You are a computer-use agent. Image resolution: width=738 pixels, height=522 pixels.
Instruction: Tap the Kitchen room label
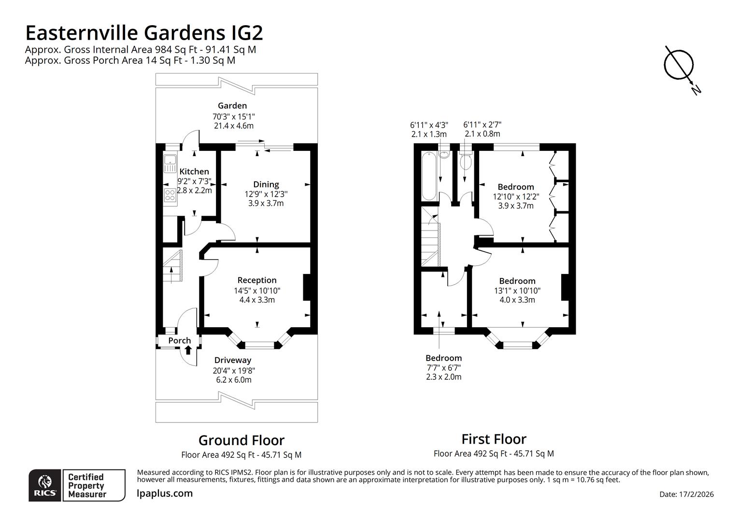pyautogui.click(x=194, y=172)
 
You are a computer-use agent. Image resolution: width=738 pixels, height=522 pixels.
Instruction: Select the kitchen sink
pyautogui.click(x=170, y=164)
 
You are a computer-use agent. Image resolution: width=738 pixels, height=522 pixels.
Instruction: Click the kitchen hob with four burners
pyautogui.click(x=170, y=195)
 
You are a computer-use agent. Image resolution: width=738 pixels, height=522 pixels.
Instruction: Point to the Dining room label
pyautogui.click(x=266, y=184)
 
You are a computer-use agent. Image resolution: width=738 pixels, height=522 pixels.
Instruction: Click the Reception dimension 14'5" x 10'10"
pyautogui.click(x=257, y=290)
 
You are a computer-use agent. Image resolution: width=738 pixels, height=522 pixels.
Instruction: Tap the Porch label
pyautogui.click(x=179, y=340)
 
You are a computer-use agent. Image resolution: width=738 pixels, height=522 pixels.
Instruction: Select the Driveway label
pyautogui.click(x=233, y=360)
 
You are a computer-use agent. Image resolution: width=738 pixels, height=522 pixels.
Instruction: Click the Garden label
pyautogui.click(x=232, y=105)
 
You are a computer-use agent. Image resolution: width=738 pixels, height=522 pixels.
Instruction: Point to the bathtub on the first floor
pyautogui.click(x=428, y=175)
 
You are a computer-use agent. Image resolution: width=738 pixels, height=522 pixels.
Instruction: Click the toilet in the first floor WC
pyautogui.click(x=466, y=161)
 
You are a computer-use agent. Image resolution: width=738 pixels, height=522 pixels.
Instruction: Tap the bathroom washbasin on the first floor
pyautogui.click(x=444, y=155)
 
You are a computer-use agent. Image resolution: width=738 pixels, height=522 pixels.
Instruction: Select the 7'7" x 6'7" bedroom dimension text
pyautogui.click(x=443, y=367)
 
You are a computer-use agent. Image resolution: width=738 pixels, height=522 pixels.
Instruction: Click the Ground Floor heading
pyautogui.click(x=241, y=440)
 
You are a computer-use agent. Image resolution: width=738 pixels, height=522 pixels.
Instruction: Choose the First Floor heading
pyautogui.click(x=494, y=439)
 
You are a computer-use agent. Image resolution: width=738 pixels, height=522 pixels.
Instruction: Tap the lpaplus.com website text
pyautogui.click(x=165, y=493)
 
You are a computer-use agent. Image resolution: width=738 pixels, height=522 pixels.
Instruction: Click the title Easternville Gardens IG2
pyautogui.click(x=144, y=33)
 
